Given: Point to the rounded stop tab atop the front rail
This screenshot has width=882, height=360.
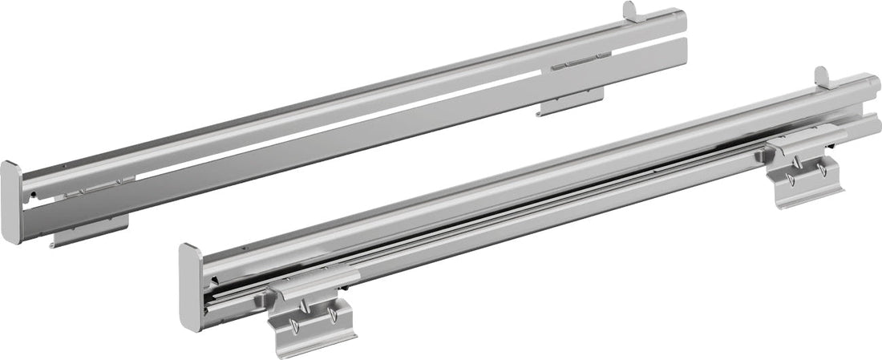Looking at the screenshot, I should (822, 76).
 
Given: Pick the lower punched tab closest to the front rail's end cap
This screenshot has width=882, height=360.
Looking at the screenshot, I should (293, 326).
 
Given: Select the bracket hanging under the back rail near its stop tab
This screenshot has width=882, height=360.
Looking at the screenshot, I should (570, 103).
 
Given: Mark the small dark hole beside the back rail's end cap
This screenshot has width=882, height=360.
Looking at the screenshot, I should (30, 194).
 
